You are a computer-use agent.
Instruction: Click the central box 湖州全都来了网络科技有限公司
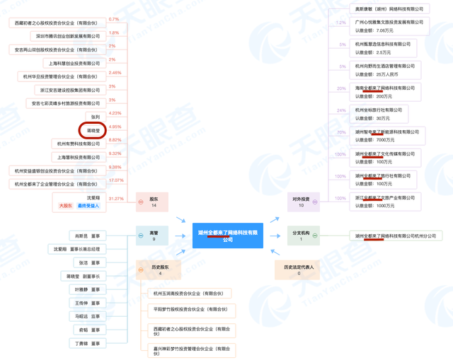[227, 236]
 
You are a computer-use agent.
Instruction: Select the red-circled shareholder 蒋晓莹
[93, 129]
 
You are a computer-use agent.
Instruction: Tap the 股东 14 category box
[154, 203]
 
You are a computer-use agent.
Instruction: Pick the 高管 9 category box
[154, 236]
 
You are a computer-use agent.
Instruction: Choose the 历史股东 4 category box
[154, 269]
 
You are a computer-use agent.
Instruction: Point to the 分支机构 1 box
[299, 236]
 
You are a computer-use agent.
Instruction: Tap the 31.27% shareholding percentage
[116, 199]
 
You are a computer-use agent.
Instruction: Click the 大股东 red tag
[67, 207]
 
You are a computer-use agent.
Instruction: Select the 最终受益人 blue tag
[88, 207]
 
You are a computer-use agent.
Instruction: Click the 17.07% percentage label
[115, 180]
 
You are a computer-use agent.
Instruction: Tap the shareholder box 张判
[96, 116]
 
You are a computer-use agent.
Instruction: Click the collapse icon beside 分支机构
[315, 236]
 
